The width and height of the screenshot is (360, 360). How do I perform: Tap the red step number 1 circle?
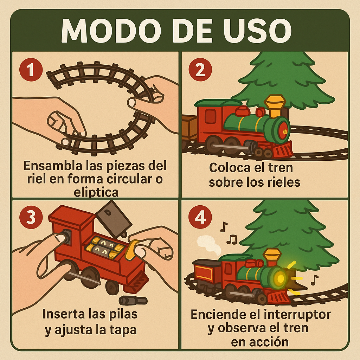click(30, 70)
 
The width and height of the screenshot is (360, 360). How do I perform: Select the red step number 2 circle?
click(200, 70)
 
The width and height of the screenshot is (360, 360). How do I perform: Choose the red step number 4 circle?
click(200, 218)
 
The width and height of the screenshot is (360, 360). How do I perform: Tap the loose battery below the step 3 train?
click(133, 301)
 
